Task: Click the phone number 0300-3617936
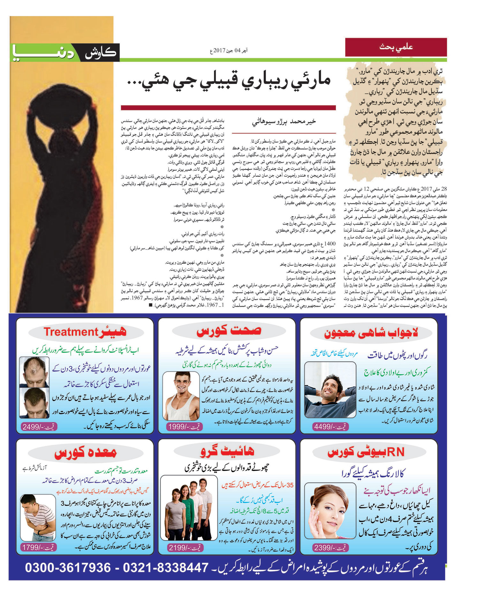[68, 568]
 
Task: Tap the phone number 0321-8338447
[166, 568]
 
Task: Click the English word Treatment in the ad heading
[71, 332]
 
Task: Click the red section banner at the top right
[396, 47]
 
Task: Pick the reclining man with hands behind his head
[330, 390]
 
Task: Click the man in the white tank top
[181, 396]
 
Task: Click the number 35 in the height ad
[290, 485]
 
